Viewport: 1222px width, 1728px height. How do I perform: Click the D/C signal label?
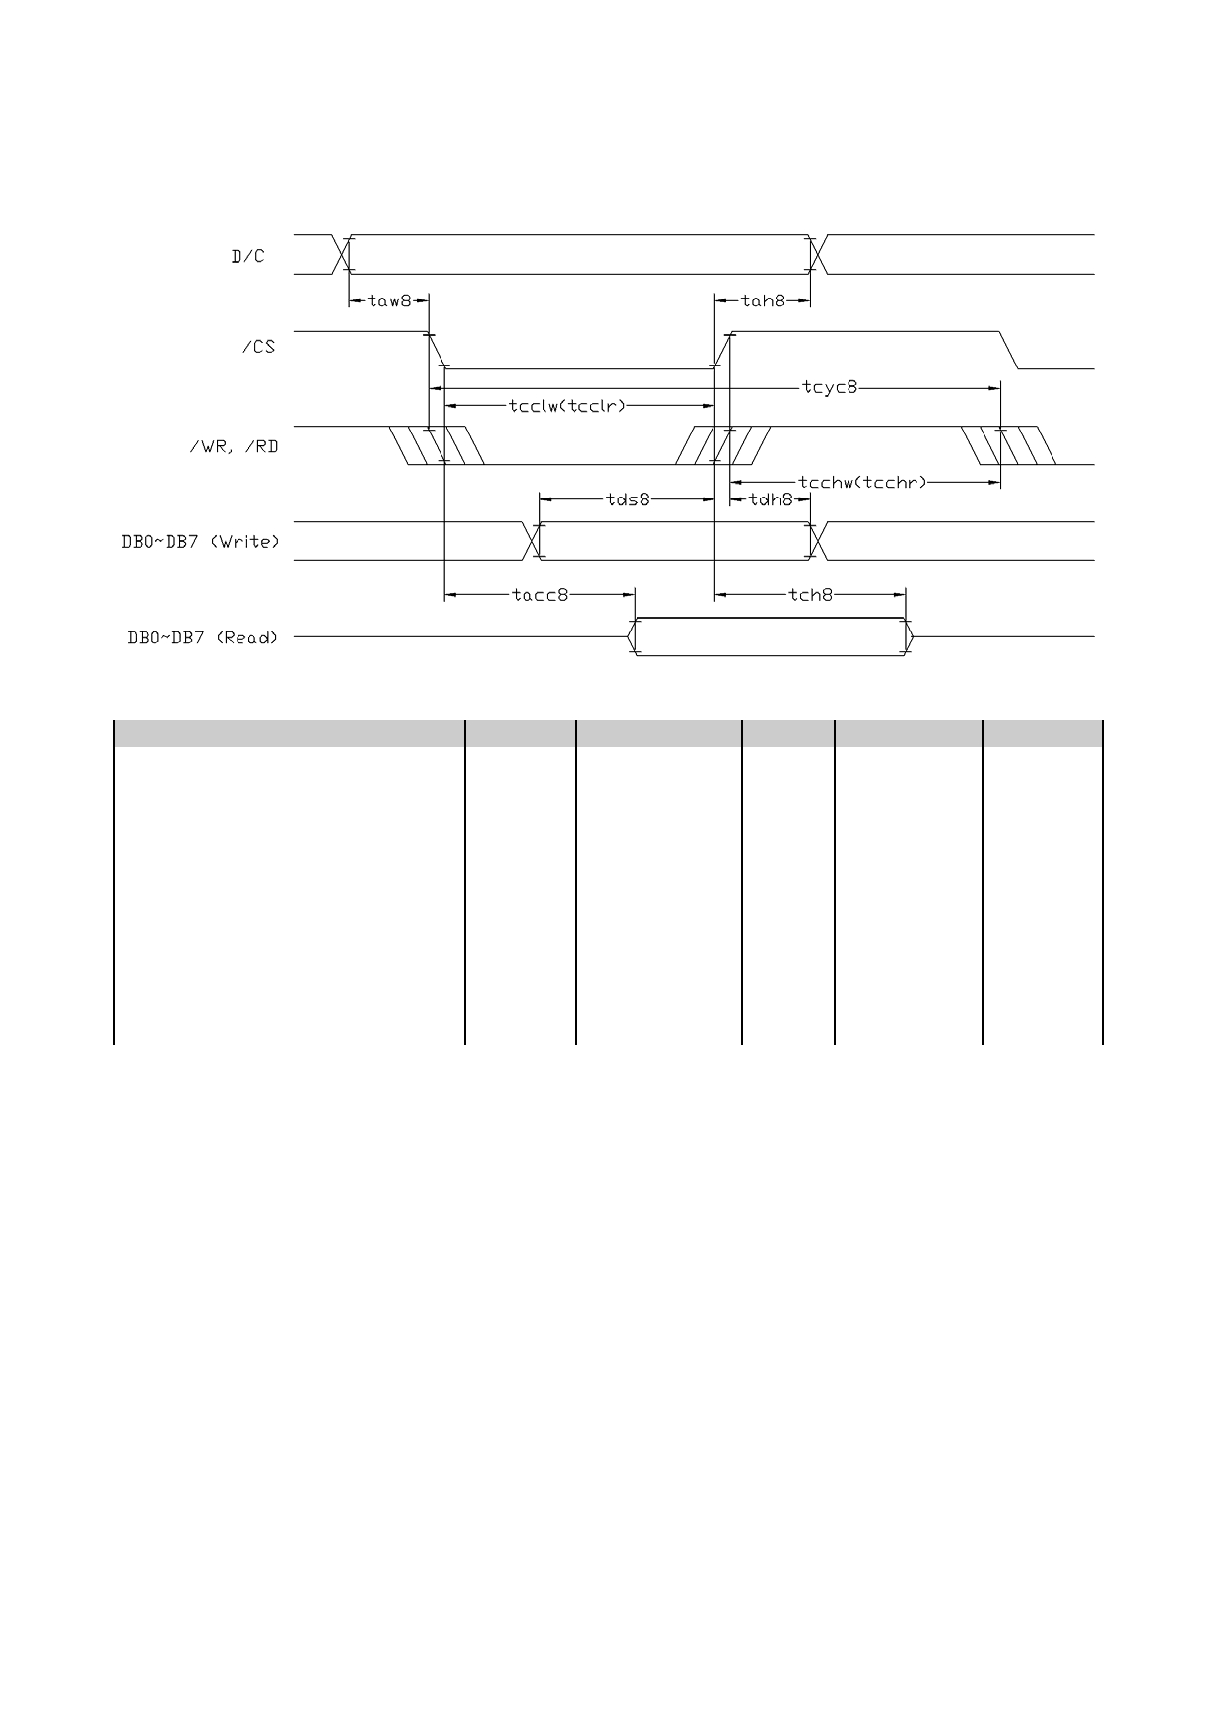pos(248,257)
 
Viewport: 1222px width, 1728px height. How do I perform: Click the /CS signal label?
pos(258,348)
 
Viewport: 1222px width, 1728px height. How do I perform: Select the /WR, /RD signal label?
pos(234,447)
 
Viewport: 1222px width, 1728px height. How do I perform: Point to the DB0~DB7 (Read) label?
pos(203,637)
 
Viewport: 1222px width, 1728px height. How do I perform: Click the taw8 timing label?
pos(389,300)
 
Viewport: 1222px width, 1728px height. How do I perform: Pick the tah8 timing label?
pos(763,300)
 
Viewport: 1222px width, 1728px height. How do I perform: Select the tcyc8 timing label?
pos(830,388)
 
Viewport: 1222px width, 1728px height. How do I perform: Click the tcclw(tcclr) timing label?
pos(568,405)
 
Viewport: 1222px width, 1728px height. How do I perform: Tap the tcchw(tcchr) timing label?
pos(862,482)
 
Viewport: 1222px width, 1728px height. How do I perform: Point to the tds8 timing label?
pos(628,499)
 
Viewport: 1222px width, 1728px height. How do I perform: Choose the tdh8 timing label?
pos(771,499)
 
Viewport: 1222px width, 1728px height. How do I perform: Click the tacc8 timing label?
pos(540,595)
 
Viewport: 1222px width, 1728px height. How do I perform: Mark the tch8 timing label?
pos(811,595)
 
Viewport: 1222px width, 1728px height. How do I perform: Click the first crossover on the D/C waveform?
pos(343,255)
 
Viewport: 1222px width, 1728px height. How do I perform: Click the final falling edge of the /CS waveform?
pos(1010,350)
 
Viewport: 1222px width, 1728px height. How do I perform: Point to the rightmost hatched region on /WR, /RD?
pos(1010,445)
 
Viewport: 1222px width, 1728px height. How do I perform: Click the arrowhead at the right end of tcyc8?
pos(995,388)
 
